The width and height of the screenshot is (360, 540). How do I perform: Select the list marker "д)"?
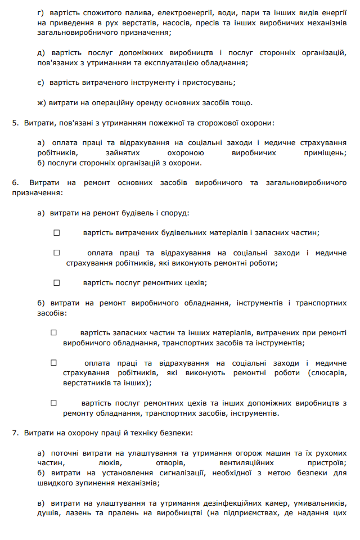click(x=40, y=53)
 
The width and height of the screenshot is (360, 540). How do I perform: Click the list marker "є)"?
click(x=40, y=82)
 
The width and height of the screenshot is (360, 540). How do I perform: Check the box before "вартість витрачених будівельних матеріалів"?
click(x=56, y=232)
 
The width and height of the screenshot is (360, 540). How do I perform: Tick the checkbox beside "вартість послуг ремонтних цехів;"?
click(x=56, y=282)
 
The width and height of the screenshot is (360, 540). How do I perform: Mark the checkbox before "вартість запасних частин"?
click(x=54, y=332)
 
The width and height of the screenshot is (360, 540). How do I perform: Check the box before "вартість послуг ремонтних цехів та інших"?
click(x=54, y=403)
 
